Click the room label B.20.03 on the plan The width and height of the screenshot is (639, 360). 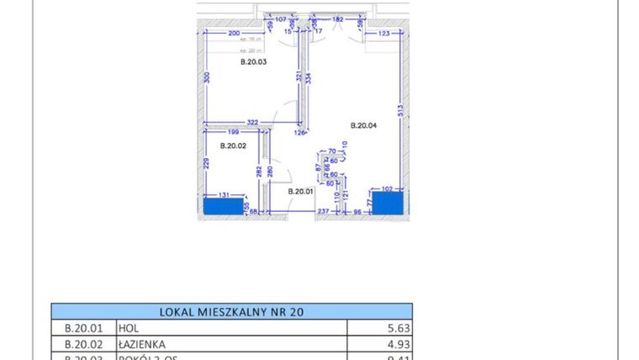tap(253, 61)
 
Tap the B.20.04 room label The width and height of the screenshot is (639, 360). tap(363, 125)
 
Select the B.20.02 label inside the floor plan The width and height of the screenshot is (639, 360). tap(233, 146)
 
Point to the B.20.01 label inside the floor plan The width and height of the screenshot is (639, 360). tap(300, 192)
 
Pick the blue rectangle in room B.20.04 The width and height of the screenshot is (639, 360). tap(388, 204)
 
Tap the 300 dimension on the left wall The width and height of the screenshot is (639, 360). tap(207, 77)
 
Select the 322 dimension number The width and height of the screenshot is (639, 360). tap(251, 123)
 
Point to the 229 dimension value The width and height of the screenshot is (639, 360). tap(205, 164)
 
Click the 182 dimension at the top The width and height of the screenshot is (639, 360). tap(337, 19)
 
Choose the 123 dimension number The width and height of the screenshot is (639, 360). tap(383, 34)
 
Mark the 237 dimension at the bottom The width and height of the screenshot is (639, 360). tap(322, 212)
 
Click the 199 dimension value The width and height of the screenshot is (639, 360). tap(233, 132)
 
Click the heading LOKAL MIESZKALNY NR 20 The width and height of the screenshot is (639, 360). tap(231, 311)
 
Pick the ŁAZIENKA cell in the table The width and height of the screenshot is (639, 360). tap(142, 344)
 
